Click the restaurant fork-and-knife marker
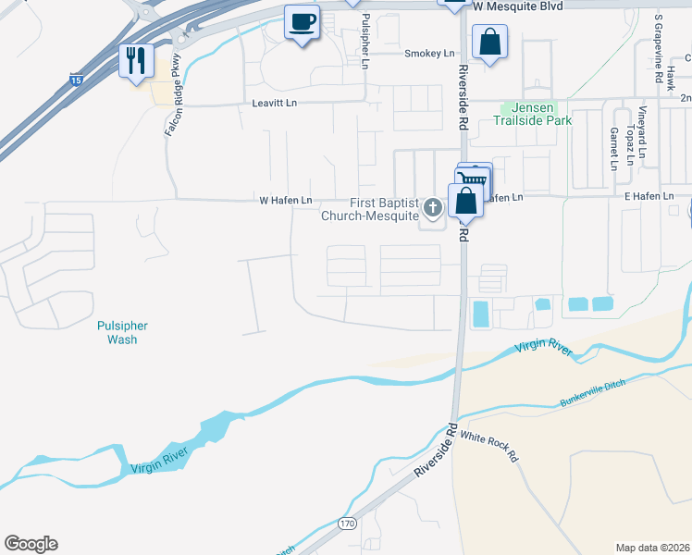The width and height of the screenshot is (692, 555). [137, 61]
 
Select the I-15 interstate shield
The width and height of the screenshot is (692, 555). [75, 82]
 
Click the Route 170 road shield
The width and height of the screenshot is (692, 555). [346, 524]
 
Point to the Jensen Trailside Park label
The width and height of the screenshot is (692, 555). [536, 114]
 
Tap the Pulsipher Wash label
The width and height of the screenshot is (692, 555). [122, 332]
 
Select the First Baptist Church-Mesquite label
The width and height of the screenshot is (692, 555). [371, 210]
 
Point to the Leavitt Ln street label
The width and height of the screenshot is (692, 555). [274, 104]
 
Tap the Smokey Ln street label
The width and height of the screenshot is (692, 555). [426, 54]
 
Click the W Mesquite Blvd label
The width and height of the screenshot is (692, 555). [517, 6]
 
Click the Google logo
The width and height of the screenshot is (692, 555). [31, 544]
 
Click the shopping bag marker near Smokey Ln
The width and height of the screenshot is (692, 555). [488, 42]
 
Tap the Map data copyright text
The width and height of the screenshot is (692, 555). [652, 548]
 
